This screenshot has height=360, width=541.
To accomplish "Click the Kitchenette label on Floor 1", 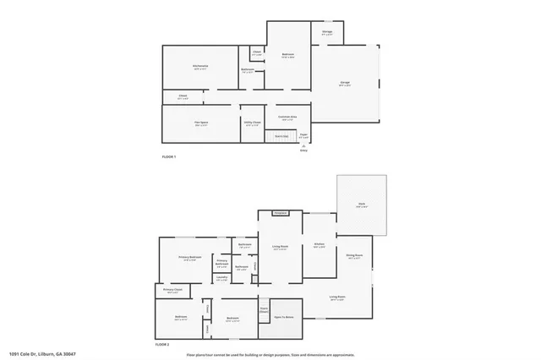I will (x=200, y=66).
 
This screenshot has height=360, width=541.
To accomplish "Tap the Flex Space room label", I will (x=201, y=123).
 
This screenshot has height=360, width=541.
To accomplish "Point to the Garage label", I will (x=345, y=84).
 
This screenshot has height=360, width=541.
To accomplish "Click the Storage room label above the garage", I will (x=327, y=33).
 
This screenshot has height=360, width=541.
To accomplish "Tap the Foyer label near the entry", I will (x=303, y=134).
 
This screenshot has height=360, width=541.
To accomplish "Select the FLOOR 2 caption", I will (x=162, y=345).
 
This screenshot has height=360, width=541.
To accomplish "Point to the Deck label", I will (x=362, y=205).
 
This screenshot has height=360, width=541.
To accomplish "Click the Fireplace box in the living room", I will (x=281, y=213).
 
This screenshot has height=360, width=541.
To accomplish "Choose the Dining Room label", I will (x=354, y=255).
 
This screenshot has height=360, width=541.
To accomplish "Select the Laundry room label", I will (x=221, y=277).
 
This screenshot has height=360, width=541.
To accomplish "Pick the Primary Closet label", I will (x=172, y=292).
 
